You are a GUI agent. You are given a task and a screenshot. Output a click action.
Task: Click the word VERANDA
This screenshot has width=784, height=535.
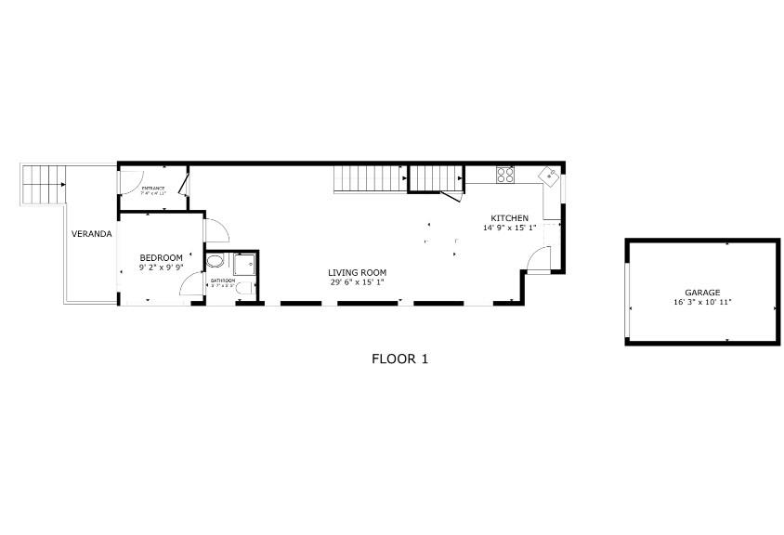click(x=92, y=234)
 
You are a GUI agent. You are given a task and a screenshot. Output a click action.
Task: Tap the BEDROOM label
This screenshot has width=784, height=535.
click(x=161, y=257)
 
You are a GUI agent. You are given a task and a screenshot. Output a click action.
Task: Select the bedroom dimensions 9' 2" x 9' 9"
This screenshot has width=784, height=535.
click(x=161, y=267)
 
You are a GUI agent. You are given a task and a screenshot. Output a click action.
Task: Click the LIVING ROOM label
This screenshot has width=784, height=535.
click(x=356, y=273)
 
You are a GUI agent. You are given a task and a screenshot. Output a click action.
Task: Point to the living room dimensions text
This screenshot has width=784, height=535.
click(x=356, y=282)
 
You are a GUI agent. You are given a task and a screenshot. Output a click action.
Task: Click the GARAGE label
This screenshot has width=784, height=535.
click(x=702, y=293)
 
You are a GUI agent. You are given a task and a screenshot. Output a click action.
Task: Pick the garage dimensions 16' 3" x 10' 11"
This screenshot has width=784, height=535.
click(x=702, y=303)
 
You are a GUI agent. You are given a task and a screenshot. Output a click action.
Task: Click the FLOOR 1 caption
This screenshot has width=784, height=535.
click(x=399, y=359)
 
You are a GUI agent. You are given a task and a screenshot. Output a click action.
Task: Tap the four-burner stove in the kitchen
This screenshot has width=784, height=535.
click(x=505, y=174)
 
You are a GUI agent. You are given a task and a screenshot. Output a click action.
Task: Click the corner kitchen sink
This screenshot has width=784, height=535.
click(x=550, y=173)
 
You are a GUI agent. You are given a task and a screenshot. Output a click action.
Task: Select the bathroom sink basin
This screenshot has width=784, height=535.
click(x=215, y=262)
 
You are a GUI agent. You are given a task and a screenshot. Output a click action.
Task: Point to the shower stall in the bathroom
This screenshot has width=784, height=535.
click(x=243, y=265)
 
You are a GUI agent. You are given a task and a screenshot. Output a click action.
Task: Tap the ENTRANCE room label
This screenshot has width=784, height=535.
click(x=153, y=189)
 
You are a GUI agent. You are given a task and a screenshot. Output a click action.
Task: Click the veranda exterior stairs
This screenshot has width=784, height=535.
click(x=45, y=184)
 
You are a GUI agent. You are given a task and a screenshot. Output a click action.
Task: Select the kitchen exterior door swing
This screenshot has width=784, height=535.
click(x=539, y=259)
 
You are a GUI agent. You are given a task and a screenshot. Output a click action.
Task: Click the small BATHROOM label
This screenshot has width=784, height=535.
click(x=221, y=281)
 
